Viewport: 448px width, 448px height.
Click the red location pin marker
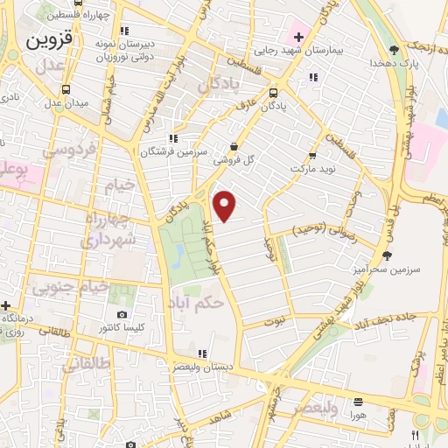coord(226,205)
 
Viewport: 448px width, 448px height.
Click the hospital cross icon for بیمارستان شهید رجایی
coord(298,37)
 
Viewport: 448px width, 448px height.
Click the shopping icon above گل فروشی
coord(233,146)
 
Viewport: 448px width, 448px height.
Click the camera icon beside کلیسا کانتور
coord(122,314)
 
